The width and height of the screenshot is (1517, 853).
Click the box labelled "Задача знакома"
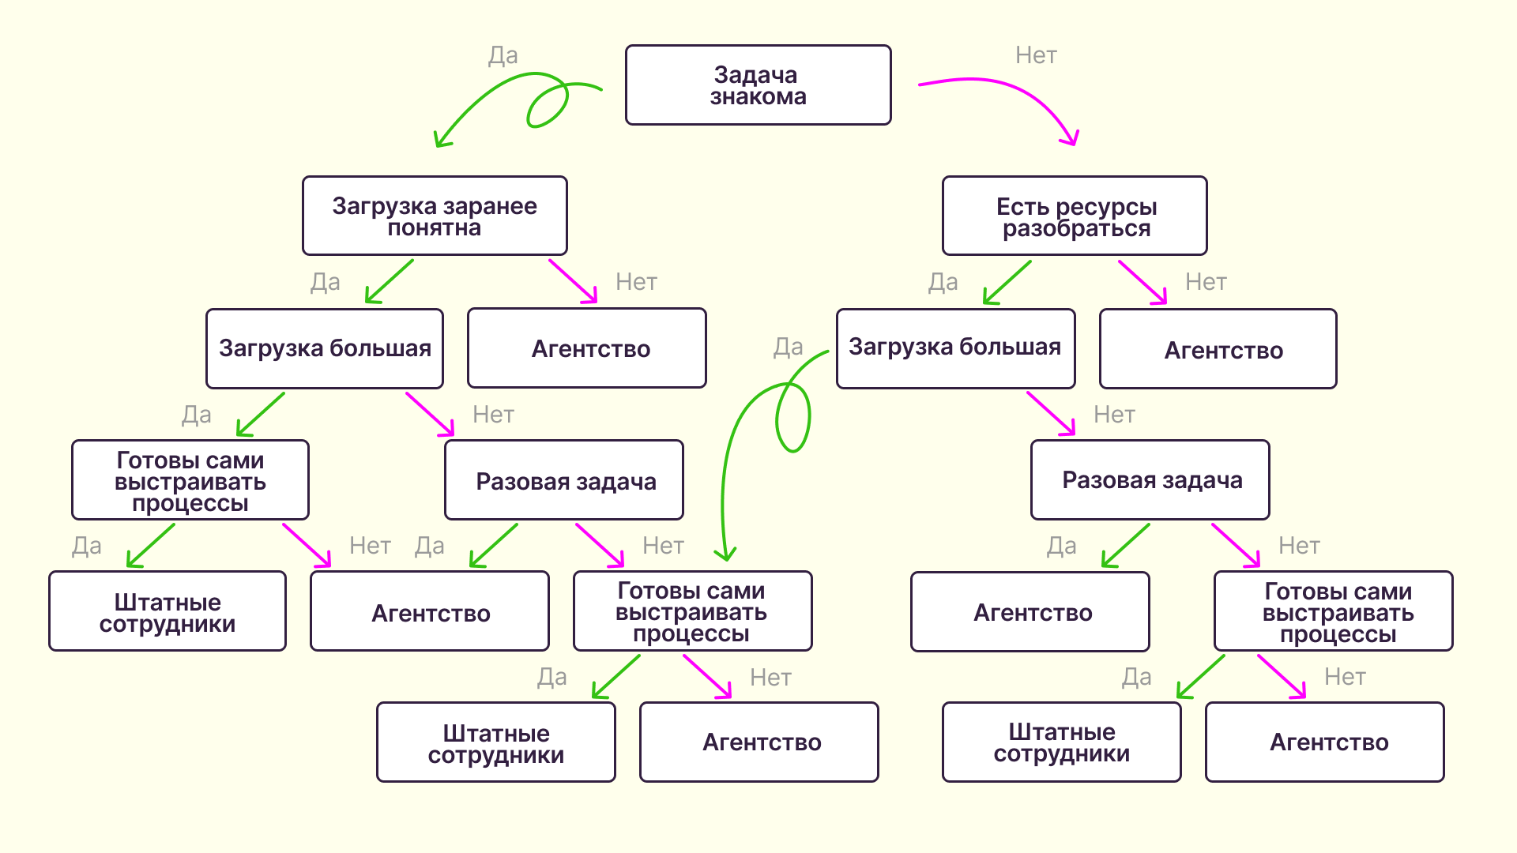pos(758,85)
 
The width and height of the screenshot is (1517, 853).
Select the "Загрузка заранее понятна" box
pos(435,216)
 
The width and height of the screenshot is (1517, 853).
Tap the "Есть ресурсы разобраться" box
pos(1075,216)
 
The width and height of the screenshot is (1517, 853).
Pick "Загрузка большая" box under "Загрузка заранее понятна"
pos(324,348)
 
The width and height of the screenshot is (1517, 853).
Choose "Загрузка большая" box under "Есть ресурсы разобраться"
pos(955,348)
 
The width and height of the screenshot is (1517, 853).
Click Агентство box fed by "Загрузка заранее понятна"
pos(586,348)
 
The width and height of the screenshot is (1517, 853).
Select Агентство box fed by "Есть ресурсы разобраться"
pos(1218,349)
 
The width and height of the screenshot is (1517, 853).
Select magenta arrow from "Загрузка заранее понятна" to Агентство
pos(573,281)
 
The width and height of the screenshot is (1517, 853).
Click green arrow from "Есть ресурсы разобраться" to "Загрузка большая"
pos(1007,282)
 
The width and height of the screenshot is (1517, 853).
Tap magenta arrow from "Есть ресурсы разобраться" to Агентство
pos(1142,282)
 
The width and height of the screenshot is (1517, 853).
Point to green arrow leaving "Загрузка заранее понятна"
pos(390,281)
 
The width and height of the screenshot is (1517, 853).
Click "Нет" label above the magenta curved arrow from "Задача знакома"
pos(1036,55)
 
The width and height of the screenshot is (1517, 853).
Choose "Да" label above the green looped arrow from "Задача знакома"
pos(503,55)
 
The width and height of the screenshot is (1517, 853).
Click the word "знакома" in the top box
pos(758,97)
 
